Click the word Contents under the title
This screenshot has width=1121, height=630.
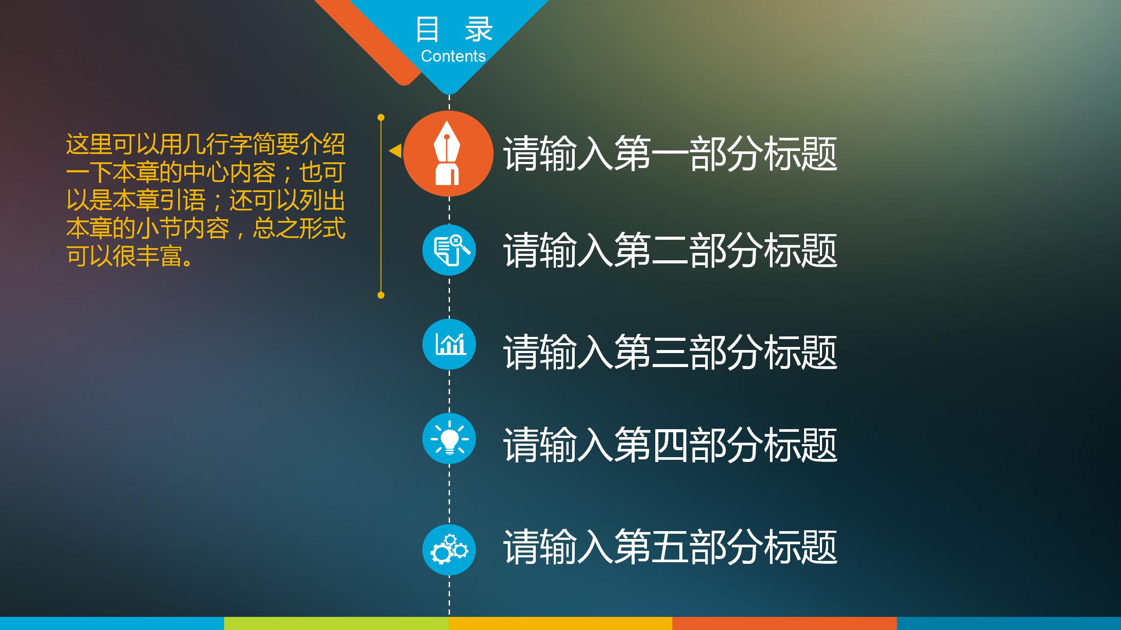[453, 56]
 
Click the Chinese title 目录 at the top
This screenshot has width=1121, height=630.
[454, 29]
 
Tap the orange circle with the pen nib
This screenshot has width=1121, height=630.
[448, 153]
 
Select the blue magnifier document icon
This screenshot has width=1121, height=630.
[449, 250]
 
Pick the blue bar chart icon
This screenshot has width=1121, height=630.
[449, 344]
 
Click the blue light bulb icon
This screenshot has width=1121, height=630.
[449, 438]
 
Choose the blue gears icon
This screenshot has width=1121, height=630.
[449, 549]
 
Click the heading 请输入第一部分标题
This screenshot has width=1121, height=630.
[670, 154]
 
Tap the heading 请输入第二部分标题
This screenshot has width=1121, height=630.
[670, 250]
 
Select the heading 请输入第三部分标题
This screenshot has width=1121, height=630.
[670, 352]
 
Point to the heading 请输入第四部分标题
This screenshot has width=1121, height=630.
[670, 445]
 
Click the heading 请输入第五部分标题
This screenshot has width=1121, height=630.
[670, 547]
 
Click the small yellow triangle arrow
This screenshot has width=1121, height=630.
[395, 151]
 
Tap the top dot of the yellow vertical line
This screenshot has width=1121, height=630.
[381, 117]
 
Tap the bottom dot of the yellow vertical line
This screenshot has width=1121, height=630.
[381, 295]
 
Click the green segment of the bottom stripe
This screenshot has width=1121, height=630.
[336, 623]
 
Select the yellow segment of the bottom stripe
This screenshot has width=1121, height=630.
[560, 623]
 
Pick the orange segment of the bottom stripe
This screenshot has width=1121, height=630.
[784, 623]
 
